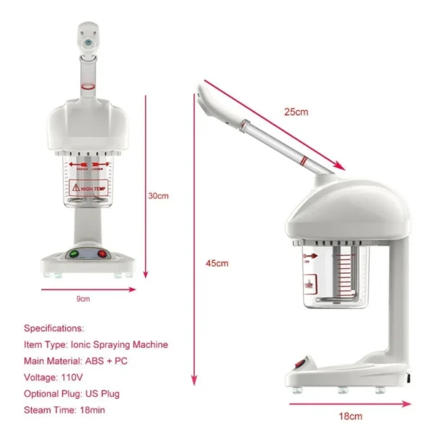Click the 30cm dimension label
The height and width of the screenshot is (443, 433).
[x=158, y=195]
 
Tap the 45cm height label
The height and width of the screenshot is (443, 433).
[x=216, y=263]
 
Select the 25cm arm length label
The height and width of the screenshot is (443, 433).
[x=296, y=112]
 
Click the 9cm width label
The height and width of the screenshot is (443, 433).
[x=84, y=298]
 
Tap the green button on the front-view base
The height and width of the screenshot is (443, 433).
[x=73, y=254]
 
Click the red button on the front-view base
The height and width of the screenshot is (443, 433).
[x=102, y=254]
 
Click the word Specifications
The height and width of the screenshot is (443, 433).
[x=54, y=328]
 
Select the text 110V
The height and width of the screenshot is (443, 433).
[x=72, y=377]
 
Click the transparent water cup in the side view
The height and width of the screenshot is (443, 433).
[x=333, y=277]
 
